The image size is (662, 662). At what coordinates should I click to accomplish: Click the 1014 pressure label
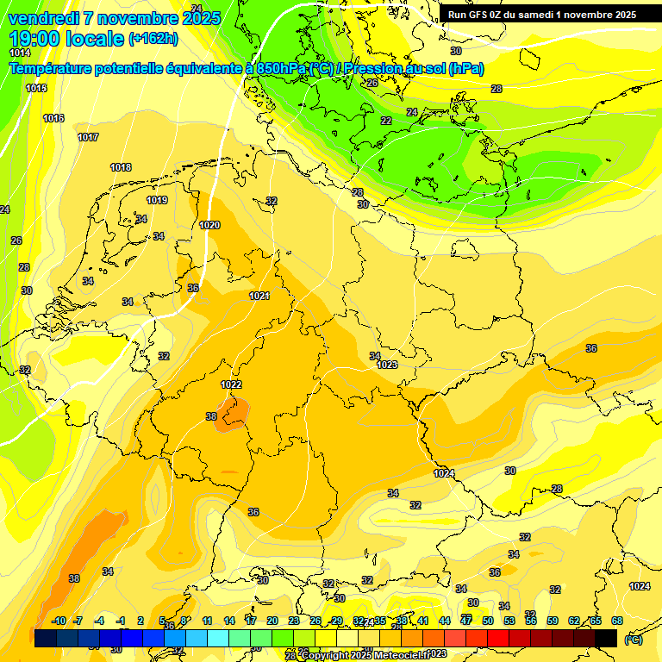coord(20,53)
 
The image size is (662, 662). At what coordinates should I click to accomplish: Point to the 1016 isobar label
coord(53,118)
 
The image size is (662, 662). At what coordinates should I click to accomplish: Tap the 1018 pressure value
coord(121,167)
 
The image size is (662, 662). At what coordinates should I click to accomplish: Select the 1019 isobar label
coord(157,200)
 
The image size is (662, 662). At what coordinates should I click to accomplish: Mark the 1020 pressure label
coord(209,225)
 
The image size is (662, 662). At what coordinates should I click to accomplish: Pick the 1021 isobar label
coord(259,296)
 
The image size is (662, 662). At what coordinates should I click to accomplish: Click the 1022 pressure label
coord(231,384)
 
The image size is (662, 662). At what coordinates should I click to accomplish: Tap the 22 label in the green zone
coord(386,121)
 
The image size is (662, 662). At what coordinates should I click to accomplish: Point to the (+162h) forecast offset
coord(153,38)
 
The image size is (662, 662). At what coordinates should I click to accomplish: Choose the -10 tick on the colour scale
coord(59,621)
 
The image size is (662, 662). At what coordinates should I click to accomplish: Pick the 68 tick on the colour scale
coord(617,621)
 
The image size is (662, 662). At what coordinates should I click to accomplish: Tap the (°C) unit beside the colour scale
coord(633,639)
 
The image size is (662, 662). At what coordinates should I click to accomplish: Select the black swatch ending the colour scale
coord(606,638)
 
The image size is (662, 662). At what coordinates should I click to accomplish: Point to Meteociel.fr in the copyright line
coord(397,655)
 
